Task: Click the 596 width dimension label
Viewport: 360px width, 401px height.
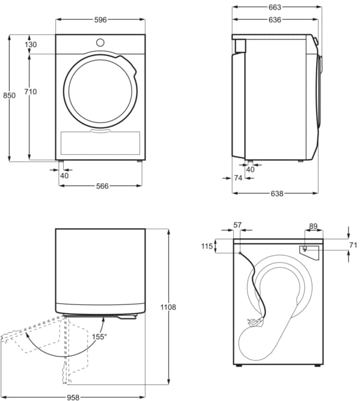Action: pyautogui.click(x=100, y=20)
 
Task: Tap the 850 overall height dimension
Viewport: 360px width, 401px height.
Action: pyautogui.click(x=9, y=95)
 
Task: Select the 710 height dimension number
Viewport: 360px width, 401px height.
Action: pyautogui.click(x=31, y=92)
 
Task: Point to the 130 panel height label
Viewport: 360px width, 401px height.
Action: pyautogui.click(x=31, y=44)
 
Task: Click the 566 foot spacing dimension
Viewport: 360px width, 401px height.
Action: pyautogui.click(x=102, y=186)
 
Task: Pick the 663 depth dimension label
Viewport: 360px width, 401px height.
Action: pyautogui.click(x=275, y=7)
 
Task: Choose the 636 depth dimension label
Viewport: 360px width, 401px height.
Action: pyautogui.click(x=275, y=20)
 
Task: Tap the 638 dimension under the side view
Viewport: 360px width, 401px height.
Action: pyautogui.click(x=277, y=193)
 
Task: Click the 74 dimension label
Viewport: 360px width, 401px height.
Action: pyautogui.click(x=238, y=178)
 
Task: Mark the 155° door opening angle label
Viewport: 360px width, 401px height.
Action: pyautogui.click(x=99, y=337)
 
